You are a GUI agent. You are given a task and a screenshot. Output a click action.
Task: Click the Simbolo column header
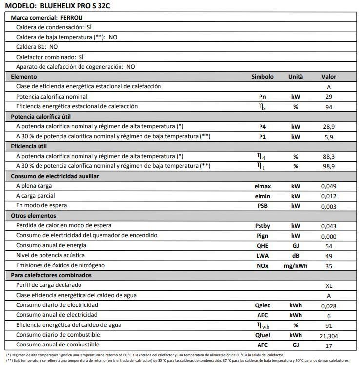262,77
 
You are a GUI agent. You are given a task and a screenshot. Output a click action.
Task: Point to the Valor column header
328,77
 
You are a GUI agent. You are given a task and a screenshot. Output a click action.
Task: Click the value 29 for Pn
328,97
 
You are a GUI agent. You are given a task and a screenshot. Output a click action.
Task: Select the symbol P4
262,126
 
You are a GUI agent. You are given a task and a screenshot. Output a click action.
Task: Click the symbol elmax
262,186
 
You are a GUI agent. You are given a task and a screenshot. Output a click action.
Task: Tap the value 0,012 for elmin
328,196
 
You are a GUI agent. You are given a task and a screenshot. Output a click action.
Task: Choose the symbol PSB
262,206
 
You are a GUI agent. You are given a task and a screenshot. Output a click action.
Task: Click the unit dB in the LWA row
295,256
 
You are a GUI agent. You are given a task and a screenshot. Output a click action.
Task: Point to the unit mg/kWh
295,266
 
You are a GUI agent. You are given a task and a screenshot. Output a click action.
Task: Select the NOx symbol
262,266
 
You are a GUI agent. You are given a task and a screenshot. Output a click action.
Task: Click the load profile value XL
328,285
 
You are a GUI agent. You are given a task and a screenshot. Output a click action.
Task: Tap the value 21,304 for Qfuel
328,336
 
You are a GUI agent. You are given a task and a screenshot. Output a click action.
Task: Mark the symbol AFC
262,345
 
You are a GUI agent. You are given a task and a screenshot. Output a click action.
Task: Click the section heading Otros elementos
33,216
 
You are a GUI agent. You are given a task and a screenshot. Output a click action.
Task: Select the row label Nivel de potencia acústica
50,255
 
